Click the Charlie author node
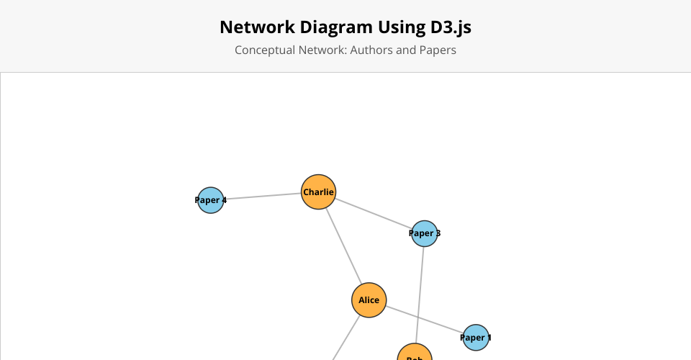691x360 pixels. click(318, 192)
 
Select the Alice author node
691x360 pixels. click(369, 300)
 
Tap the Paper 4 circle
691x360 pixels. click(211, 200)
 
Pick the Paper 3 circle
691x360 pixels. click(425, 233)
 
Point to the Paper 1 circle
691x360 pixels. click(476, 337)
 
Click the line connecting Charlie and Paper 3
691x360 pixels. click(373, 213)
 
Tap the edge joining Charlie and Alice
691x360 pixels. click(344, 246)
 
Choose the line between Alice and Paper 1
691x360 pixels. click(425, 320)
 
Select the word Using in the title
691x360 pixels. click(397, 27)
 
